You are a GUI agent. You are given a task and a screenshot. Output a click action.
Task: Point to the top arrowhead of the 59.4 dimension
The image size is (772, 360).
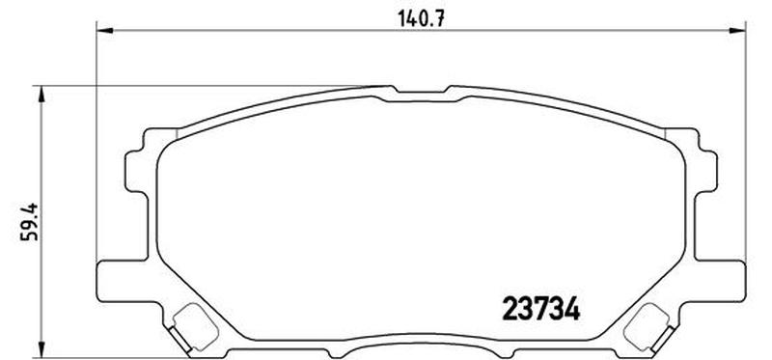pyautogui.click(x=40, y=92)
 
